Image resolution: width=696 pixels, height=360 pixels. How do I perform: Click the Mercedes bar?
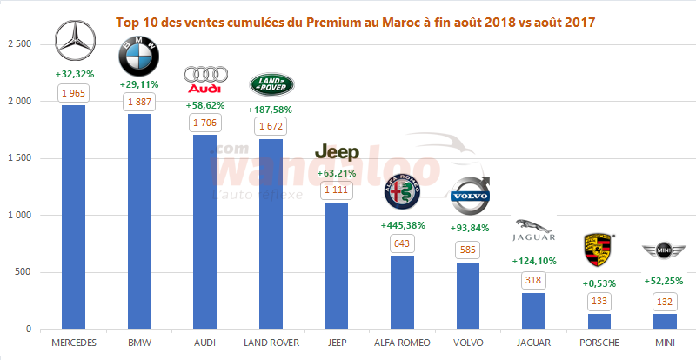coord(73,217)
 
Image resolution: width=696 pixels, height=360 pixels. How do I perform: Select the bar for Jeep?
coord(336,265)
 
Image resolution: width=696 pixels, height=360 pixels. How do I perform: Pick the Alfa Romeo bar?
coord(402,292)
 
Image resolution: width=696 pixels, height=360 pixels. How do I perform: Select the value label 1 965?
coord(73,92)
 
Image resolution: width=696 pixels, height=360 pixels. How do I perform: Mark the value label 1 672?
coord(270,127)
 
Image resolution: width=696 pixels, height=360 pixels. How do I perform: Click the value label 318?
coord(533,280)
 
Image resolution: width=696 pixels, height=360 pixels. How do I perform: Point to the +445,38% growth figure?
coord(403,225)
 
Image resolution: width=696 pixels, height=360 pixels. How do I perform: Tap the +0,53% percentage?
coord(599,282)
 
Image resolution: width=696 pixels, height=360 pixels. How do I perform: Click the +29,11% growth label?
coord(139,85)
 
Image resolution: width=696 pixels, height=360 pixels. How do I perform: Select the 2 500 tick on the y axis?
coord(19,44)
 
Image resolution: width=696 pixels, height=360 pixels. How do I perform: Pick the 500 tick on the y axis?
coord(24,272)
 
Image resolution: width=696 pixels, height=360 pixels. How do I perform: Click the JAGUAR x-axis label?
coord(533,343)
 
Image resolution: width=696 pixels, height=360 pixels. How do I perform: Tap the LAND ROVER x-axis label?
coord(270,343)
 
